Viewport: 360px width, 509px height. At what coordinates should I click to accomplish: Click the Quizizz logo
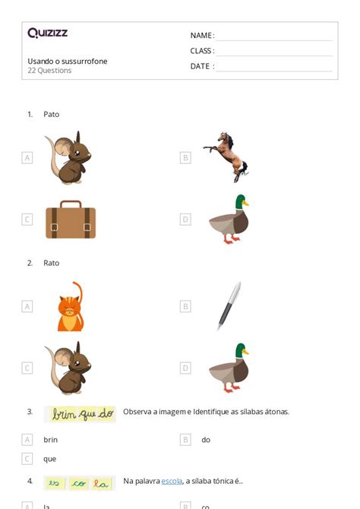47,33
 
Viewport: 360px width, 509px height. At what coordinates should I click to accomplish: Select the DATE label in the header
201,66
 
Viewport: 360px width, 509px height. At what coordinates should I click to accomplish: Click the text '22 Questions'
49,71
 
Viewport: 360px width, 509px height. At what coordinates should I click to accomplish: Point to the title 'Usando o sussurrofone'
68,61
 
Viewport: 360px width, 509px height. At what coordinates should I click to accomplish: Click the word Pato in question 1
51,114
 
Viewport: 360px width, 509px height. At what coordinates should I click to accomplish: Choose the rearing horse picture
226,157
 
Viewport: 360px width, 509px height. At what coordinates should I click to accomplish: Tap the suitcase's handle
71,204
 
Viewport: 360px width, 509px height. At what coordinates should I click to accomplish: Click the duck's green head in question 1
240,202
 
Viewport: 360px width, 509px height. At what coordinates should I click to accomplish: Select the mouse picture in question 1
68,158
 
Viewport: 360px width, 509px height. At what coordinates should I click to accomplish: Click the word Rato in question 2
51,263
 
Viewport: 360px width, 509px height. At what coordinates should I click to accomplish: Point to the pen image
229,305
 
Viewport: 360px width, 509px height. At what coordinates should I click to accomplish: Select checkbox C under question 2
27,368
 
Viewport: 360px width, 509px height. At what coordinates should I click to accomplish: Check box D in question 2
185,368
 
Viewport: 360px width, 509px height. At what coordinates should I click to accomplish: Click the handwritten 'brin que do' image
80,414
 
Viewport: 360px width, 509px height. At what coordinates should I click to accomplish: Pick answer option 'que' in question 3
49,459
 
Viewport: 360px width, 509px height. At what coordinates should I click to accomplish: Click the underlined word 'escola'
172,481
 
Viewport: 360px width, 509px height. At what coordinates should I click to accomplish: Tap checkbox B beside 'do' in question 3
185,439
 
